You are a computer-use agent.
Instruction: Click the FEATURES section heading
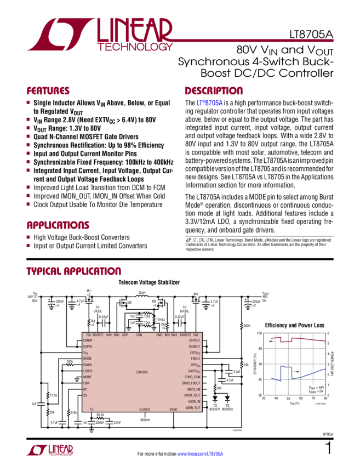point(48,91)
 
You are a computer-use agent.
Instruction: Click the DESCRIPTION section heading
point(213,91)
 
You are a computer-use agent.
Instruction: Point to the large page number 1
point(328,449)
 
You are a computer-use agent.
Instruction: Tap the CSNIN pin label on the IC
point(88,340)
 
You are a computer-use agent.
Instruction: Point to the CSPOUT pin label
point(194,340)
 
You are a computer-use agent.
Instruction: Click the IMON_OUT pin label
point(193,407)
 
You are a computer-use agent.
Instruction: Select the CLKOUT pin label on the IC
point(145,410)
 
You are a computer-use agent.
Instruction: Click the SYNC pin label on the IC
point(173,410)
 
